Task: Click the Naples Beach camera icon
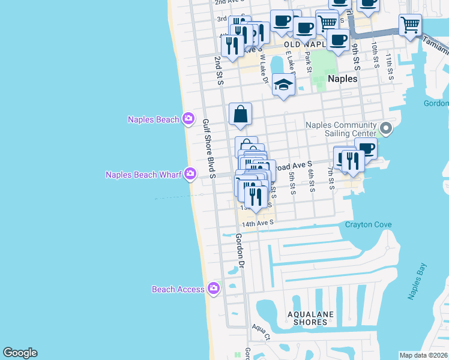(x=188, y=119)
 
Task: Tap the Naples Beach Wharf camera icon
(x=190, y=175)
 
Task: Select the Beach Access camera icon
(x=213, y=289)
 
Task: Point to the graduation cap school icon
(x=283, y=85)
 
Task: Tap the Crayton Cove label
(x=368, y=225)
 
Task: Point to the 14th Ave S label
(x=258, y=223)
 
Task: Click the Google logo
(x=20, y=353)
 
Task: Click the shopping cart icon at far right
(x=410, y=26)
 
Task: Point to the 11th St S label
(x=389, y=64)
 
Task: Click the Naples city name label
(x=343, y=79)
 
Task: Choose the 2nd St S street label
(x=218, y=71)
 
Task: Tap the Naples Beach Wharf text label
(x=143, y=175)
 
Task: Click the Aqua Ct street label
(x=261, y=331)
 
